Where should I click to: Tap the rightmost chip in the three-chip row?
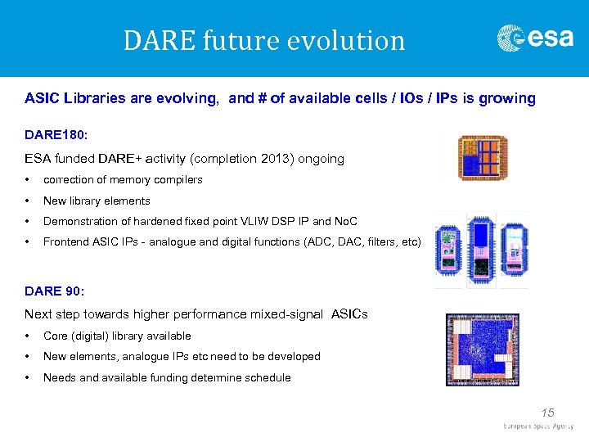coord(514,250)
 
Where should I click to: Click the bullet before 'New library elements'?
coord(29,201)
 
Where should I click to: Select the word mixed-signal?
coord(290,315)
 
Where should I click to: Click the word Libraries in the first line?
coord(91,99)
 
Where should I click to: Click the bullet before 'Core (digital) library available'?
coord(29,336)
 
